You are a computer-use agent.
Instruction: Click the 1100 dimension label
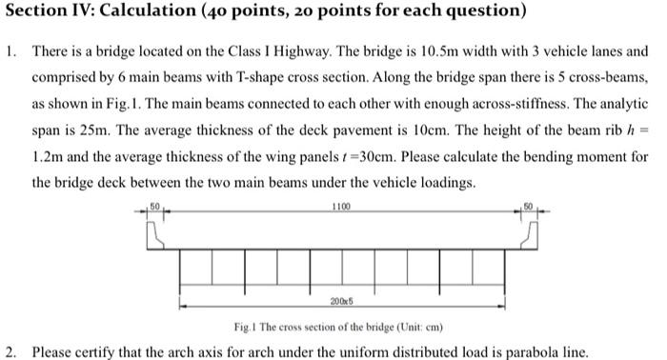(341, 207)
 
